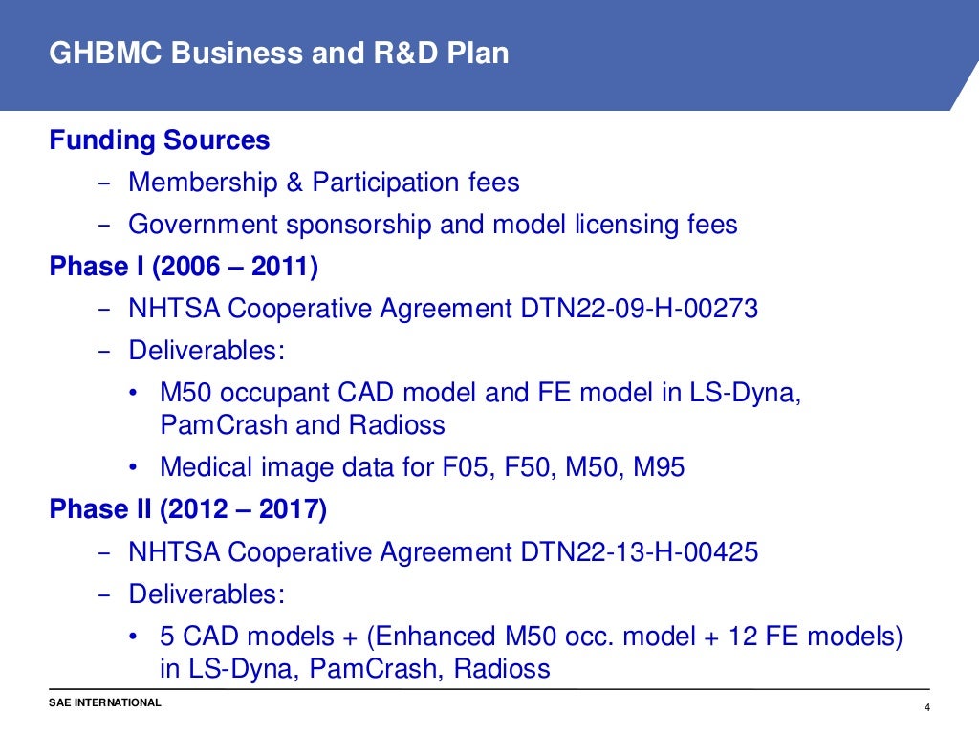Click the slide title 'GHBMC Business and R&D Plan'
click(279, 54)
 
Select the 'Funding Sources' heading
click(160, 140)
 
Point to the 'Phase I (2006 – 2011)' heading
click(184, 267)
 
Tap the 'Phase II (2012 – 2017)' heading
click(188, 509)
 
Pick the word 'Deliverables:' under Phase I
click(207, 350)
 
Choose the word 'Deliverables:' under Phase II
click(207, 594)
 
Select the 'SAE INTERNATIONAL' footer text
click(105, 703)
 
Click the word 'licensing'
click(628, 225)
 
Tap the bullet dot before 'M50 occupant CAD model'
click(135, 393)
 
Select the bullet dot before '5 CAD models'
click(135, 636)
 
